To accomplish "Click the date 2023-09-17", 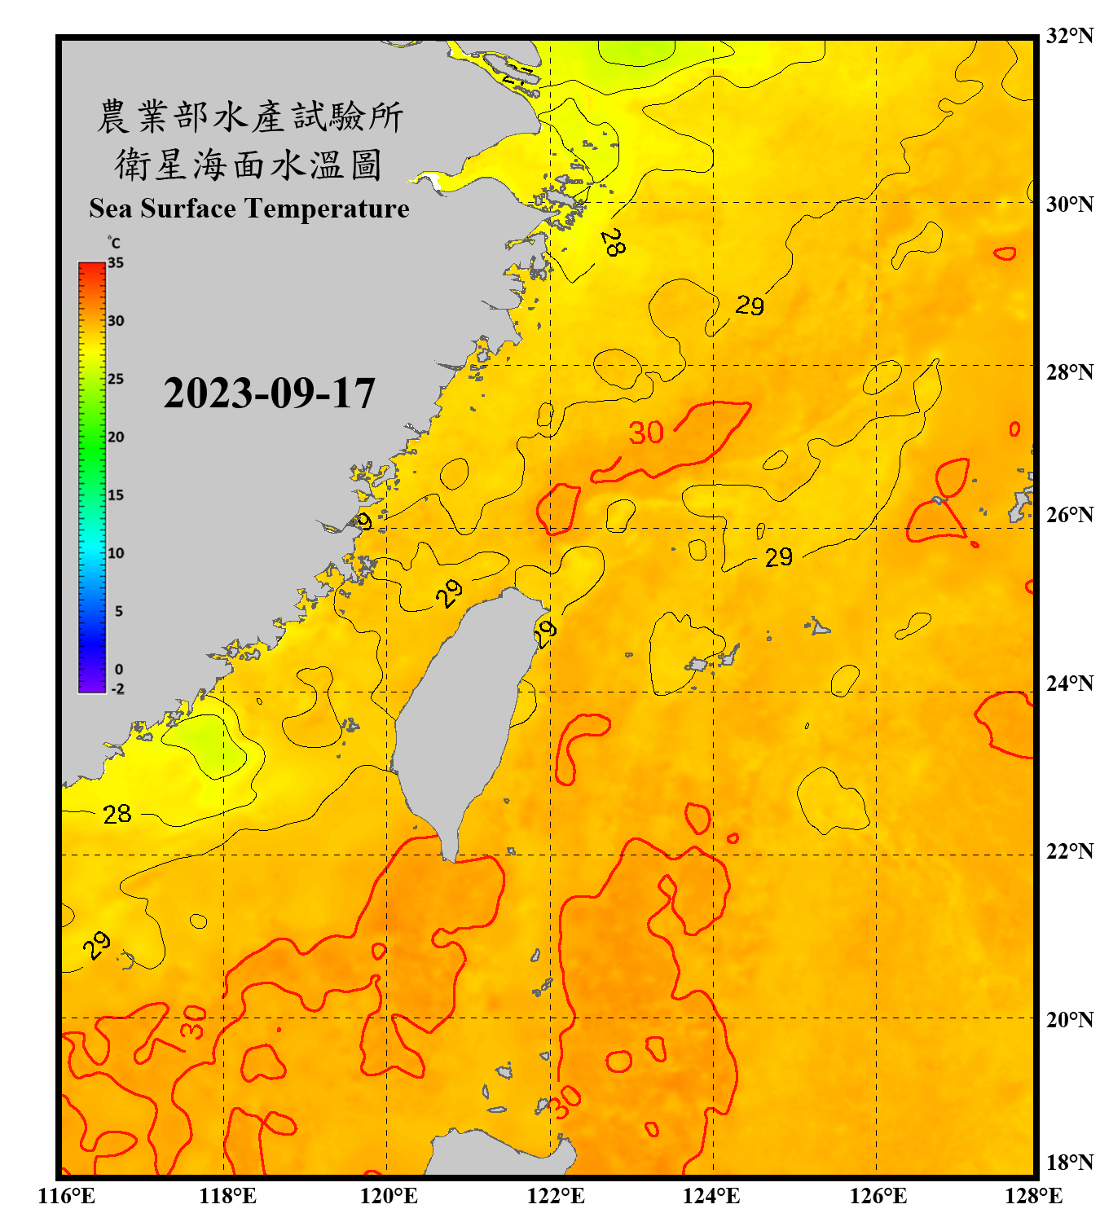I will point(269,393).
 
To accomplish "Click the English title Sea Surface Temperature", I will point(249,209).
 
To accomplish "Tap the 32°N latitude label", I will point(1069,36).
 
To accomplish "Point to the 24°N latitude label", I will point(1069,683).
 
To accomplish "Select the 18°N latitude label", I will point(1069,1163).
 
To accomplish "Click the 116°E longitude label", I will point(66,1196).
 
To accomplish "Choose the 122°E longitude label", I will point(556,1196).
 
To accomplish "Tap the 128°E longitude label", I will point(1033,1196).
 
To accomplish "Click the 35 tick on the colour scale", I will point(116,263).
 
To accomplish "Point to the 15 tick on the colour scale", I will point(116,495).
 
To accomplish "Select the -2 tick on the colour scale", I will point(117,689).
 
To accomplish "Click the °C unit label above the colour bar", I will point(114,243).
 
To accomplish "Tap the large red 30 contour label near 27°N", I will point(646,433).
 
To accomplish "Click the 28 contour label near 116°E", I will point(117,814).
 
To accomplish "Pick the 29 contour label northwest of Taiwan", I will point(449,593).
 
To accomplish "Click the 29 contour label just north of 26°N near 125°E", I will point(778,557).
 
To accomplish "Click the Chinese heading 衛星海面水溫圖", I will point(249,165).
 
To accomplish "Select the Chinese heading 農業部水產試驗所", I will point(249,116).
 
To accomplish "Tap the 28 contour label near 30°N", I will point(613,242).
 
